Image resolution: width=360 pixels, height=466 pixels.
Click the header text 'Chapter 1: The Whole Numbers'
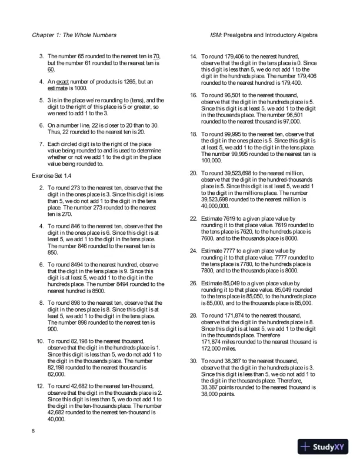coord(74,35)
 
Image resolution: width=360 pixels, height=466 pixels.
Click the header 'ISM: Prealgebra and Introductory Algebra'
coord(263,35)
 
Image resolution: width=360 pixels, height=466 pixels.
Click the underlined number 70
coord(157,55)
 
